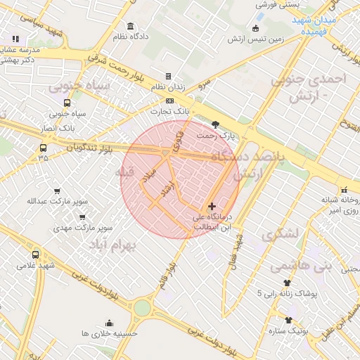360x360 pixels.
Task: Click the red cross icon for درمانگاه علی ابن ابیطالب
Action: (212, 206)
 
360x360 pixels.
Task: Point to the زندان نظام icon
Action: (168, 76)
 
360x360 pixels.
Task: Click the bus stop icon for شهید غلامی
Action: (36, 254)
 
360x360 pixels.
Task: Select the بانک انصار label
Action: (58, 129)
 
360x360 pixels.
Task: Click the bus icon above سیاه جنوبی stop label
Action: (67, 102)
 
